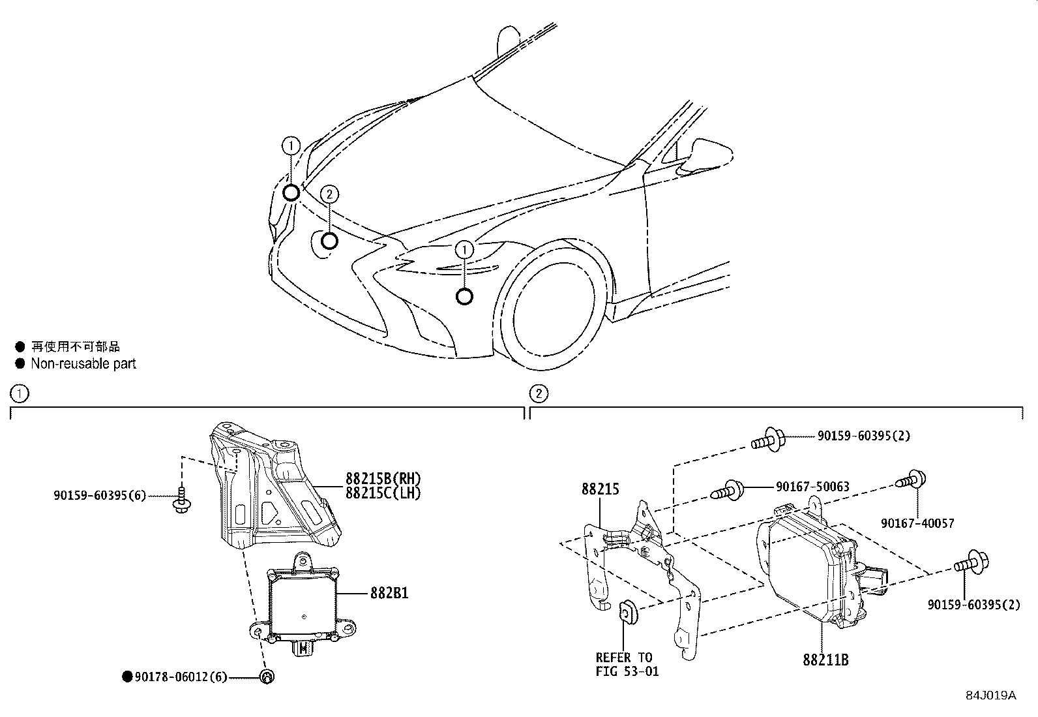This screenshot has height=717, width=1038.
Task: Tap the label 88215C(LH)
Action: [383, 494]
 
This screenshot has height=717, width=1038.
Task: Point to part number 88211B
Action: [825, 660]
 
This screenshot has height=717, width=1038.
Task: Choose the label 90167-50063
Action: [812, 487]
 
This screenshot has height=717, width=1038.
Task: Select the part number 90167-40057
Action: [917, 523]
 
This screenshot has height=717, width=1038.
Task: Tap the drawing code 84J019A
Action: [991, 695]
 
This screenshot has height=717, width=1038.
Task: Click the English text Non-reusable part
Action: [83, 364]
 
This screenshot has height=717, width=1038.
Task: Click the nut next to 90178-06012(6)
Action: [266, 677]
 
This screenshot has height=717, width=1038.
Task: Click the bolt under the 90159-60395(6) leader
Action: [181, 500]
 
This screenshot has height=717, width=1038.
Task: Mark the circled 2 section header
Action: [539, 393]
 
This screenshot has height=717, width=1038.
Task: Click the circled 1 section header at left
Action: [19, 393]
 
